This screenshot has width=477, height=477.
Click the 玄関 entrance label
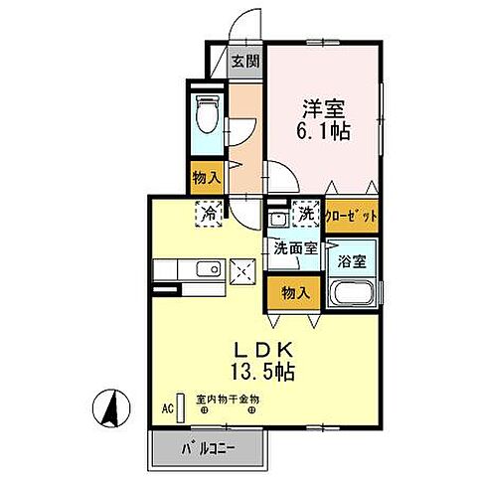tap(245, 60)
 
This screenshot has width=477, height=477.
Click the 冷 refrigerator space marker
tap(210, 213)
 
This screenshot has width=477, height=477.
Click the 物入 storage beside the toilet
tap(206, 179)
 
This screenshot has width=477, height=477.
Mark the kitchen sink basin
tap(208, 269)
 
